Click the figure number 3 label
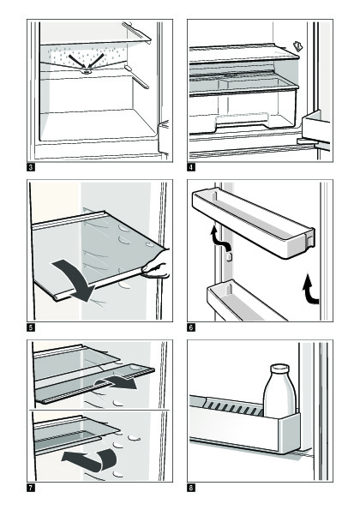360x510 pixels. pyautogui.click(x=31, y=167)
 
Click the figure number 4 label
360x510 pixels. pyautogui.click(x=191, y=167)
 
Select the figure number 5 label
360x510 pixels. pyautogui.click(x=31, y=327)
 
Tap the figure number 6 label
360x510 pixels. pyautogui.click(x=191, y=327)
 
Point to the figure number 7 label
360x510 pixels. pyautogui.click(x=31, y=488)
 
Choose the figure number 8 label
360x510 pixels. pyautogui.click(x=191, y=488)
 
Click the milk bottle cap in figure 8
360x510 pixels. pyautogui.click(x=279, y=369)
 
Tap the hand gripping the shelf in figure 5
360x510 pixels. pyautogui.click(x=158, y=265)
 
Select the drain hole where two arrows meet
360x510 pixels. pyautogui.click(x=87, y=70)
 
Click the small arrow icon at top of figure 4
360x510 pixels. pyautogui.click(x=298, y=47)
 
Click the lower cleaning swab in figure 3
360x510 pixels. pyautogui.click(x=136, y=77)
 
